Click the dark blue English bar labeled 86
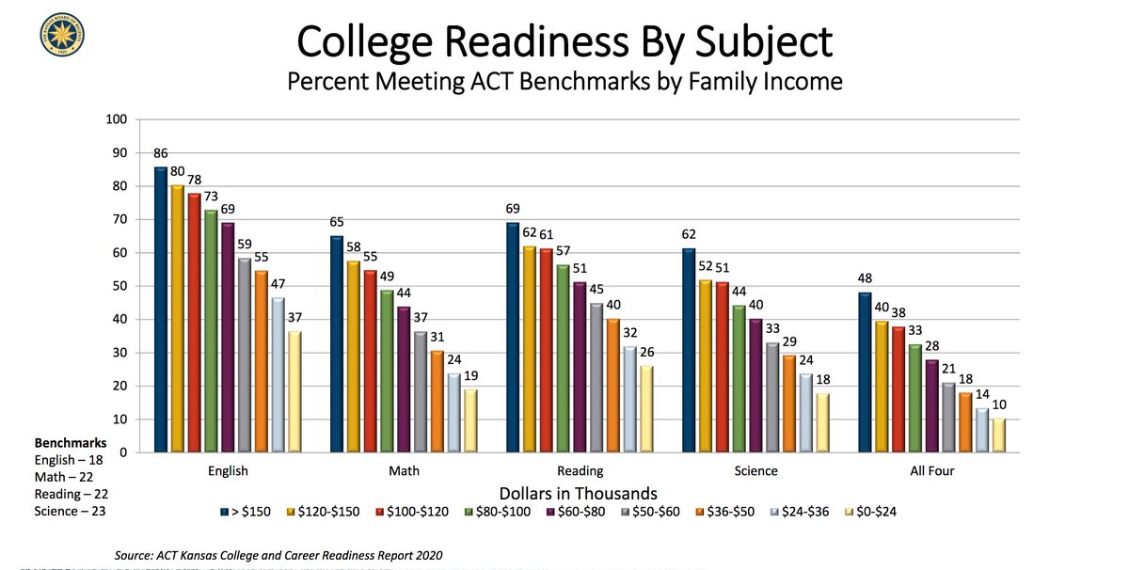point(161,310)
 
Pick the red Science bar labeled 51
point(722,368)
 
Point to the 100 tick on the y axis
point(117,120)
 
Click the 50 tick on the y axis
point(119,287)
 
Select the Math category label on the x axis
point(403,471)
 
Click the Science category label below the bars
point(755,471)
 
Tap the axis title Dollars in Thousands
point(579,492)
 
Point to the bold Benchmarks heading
point(71,442)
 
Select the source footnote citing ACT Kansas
point(278,555)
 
